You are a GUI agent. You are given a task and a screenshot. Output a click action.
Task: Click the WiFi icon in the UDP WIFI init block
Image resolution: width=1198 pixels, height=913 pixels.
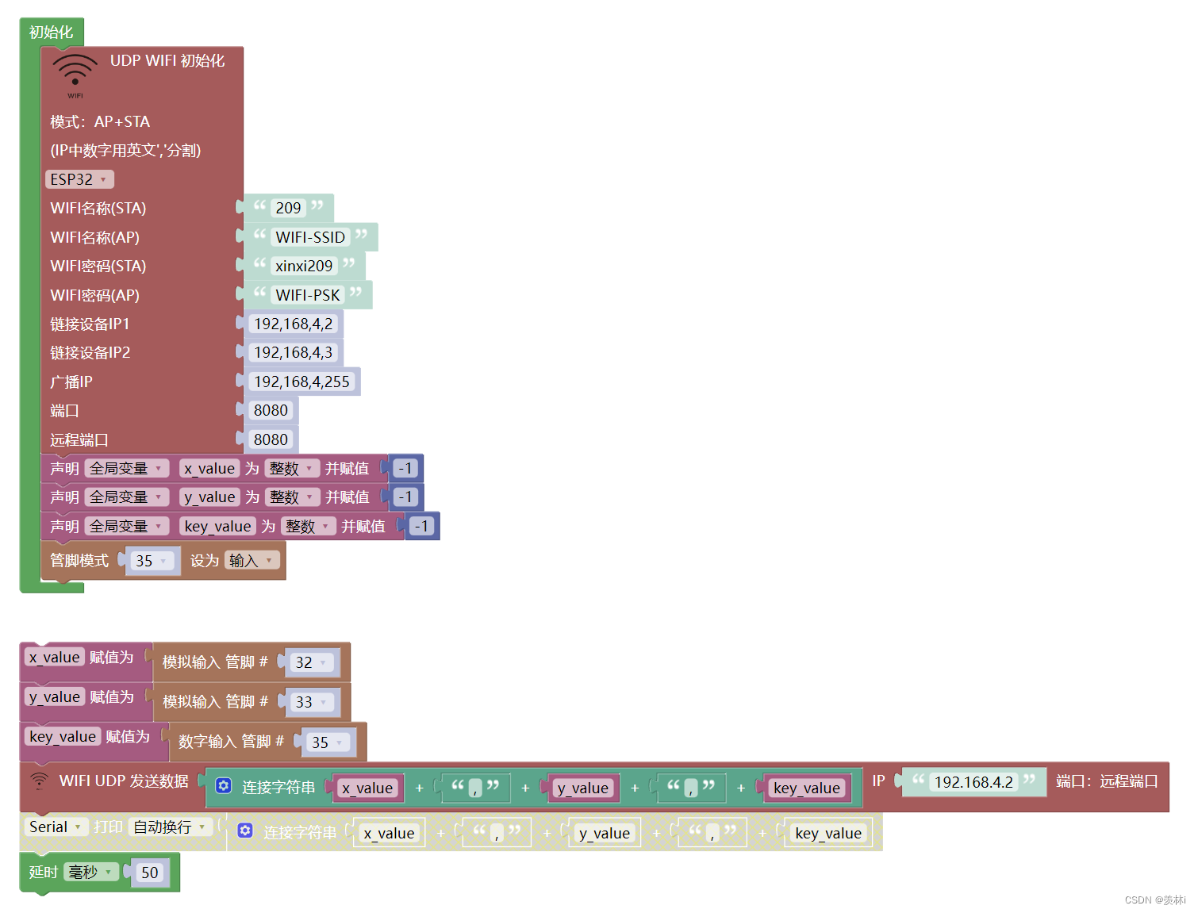click(x=75, y=72)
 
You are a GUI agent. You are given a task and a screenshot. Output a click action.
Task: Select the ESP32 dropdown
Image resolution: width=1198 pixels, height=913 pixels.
click(x=79, y=179)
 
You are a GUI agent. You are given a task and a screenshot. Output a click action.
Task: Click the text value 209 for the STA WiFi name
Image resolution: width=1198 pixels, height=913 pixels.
click(x=288, y=208)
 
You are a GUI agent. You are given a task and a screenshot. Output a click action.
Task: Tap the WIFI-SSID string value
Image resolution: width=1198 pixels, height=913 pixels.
click(x=309, y=237)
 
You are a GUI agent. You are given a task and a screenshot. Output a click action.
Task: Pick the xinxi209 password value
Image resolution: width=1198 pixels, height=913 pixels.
click(x=304, y=266)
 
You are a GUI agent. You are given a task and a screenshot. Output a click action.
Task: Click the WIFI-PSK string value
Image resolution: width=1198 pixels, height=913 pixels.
click(x=307, y=295)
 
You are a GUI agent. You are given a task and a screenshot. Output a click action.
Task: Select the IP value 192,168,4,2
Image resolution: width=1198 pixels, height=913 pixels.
click(x=293, y=324)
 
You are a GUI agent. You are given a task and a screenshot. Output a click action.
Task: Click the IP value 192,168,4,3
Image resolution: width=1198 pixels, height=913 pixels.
click(x=293, y=352)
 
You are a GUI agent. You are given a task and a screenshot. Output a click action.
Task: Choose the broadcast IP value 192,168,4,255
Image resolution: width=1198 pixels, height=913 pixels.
click(x=301, y=382)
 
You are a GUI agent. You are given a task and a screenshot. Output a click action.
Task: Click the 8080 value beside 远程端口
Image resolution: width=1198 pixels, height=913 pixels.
click(x=271, y=439)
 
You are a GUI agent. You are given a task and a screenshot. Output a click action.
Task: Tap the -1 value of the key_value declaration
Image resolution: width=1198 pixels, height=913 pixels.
click(x=421, y=526)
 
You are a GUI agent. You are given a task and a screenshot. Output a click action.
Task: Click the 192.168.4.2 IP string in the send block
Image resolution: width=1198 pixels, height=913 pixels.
click(x=973, y=782)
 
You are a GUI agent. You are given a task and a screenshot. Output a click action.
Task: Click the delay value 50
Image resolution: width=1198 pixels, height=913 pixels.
click(x=150, y=873)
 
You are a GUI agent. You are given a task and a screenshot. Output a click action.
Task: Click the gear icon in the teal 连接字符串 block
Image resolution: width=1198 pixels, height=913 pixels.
click(x=224, y=786)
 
